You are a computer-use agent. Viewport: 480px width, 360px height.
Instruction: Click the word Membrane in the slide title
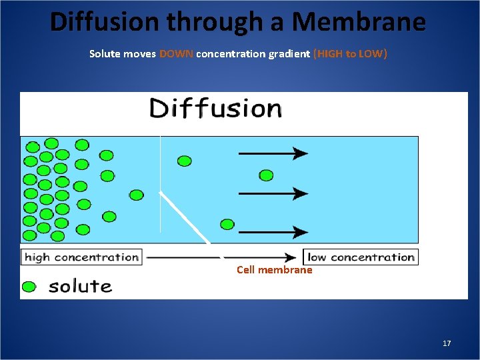click(x=359, y=21)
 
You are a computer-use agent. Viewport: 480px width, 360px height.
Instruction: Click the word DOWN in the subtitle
click(x=177, y=54)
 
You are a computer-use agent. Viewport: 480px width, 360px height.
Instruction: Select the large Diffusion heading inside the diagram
click(x=216, y=109)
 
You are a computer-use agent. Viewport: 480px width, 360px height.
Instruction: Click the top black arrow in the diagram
click(x=273, y=153)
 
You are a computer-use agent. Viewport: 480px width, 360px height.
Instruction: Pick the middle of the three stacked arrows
click(x=273, y=193)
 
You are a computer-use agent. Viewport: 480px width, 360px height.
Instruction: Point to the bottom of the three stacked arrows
click(x=273, y=233)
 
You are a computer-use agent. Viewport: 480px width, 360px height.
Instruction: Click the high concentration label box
click(x=81, y=257)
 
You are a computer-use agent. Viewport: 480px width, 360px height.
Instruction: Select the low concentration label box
click(x=361, y=257)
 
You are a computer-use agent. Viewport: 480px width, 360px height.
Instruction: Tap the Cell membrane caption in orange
click(x=274, y=270)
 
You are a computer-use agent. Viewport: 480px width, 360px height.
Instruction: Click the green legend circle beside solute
click(x=29, y=287)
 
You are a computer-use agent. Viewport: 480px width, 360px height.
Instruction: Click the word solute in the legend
click(x=80, y=287)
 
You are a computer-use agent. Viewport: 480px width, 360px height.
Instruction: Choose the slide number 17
click(x=447, y=343)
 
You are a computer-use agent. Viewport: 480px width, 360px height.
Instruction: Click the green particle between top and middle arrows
click(x=266, y=175)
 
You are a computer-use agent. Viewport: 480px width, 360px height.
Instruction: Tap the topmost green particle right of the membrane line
click(x=185, y=161)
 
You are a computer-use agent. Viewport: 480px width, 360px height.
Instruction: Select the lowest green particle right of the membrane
click(x=227, y=224)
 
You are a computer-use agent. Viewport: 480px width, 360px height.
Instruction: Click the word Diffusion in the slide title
click(x=105, y=21)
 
